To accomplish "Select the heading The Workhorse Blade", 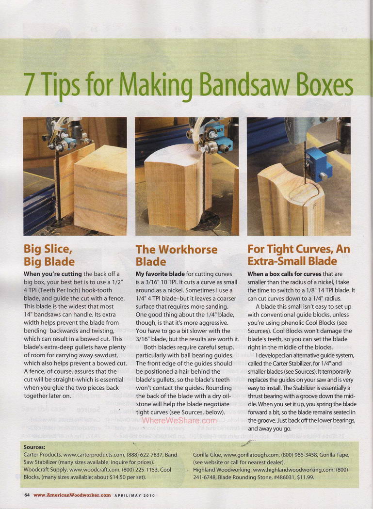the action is click(177, 255).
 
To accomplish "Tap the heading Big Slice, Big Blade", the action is click(49, 255).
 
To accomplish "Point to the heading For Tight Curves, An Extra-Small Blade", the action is click(299, 255).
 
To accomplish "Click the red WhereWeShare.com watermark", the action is click(179, 420).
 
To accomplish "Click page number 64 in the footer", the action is click(27, 495).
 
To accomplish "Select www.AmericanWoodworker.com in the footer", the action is click(72, 495).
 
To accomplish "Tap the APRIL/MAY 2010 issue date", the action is click(134, 495).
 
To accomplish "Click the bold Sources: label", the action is click(34, 447).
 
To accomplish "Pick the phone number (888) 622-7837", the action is click(145, 455).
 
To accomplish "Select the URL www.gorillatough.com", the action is click(251, 455).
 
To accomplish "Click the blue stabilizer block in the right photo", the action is click(318, 163).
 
